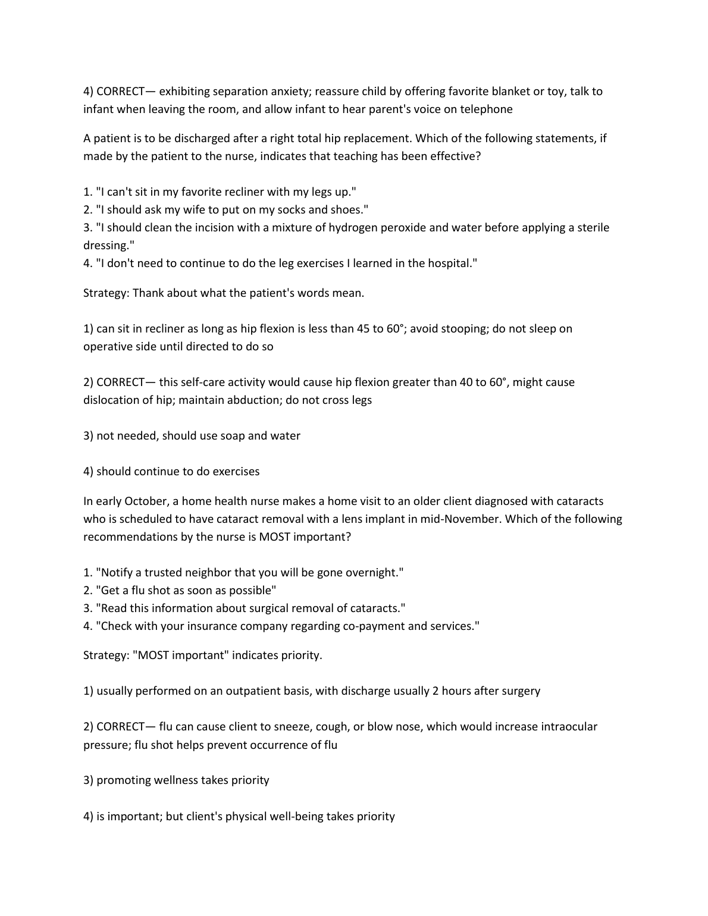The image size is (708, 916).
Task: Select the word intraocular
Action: (x=569, y=726)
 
